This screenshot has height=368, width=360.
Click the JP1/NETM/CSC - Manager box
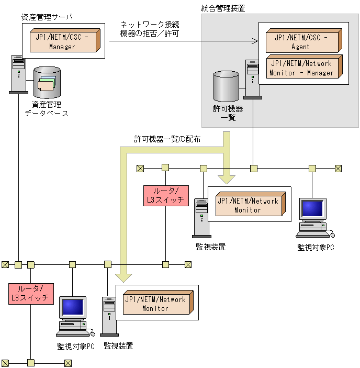click(x=65, y=40)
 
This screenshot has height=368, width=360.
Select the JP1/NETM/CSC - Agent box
click(x=303, y=41)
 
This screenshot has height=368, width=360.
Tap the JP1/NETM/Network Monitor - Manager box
click(x=304, y=66)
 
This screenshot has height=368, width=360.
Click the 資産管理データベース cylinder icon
click(x=47, y=82)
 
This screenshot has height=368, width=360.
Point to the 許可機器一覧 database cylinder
click(x=226, y=86)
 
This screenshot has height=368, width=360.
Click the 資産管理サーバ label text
click(x=47, y=17)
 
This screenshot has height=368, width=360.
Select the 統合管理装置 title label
click(x=223, y=8)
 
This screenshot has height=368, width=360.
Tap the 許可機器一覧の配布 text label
click(x=167, y=139)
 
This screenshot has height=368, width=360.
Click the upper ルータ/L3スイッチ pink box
click(x=166, y=196)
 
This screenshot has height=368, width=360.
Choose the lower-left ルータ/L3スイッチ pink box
click(x=31, y=294)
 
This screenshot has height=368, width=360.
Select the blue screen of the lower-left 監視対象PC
click(x=72, y=307)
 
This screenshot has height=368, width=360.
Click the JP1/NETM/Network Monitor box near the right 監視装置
click(x=251, y=204)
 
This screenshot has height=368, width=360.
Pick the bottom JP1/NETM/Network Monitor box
click(x=158, y=302)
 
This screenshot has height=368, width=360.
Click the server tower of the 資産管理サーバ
click(x=18, y=74)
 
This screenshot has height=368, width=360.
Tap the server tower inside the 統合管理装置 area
click(x=252, y=80)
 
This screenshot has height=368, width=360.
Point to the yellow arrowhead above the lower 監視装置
click(x=123, y=278)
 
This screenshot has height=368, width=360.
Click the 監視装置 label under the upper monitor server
click(x=210, y=247)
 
